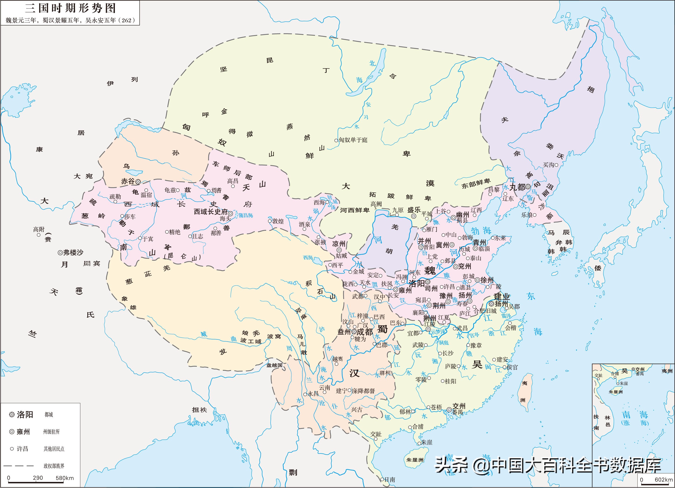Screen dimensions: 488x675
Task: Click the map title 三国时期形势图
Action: coord(70,8)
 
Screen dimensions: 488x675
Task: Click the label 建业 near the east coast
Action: coord(502,296)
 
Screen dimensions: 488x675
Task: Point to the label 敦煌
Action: coord(278,221)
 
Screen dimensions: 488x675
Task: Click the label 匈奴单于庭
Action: coord(353,140)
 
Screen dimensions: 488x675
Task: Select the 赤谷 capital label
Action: coord(128,181)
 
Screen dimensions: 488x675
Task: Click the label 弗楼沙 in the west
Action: coord(73,253)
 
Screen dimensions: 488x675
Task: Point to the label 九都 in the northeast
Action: coord(517,187)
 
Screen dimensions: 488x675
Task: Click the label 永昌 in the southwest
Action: coord(313,394)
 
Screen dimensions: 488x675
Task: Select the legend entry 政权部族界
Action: coord(54,466)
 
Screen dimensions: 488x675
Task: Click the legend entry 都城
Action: coord(49,415)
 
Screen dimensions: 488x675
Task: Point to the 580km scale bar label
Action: coord(65,478)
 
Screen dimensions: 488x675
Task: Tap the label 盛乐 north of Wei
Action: coord(414,210)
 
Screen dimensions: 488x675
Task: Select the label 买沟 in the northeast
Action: coord(548,165)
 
